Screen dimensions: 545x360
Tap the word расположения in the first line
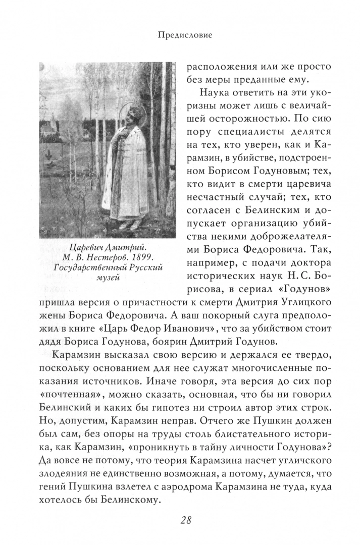[222, 66]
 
